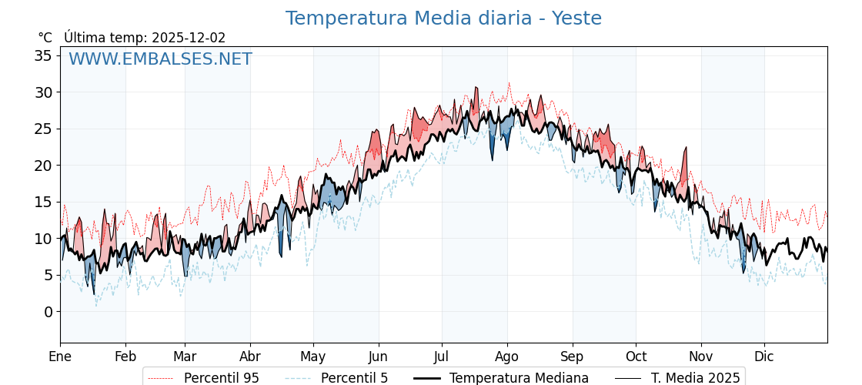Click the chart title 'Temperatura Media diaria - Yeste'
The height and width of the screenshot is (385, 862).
pos(443,18)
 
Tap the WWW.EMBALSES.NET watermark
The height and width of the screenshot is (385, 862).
pos(160,59)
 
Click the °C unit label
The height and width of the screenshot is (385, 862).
pos(45,38)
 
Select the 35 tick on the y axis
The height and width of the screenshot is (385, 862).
pos(43,55)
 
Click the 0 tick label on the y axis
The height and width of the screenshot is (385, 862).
pos(48,312)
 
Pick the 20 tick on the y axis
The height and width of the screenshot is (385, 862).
pos(43,166)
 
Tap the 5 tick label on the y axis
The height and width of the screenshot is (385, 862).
pos(48,275)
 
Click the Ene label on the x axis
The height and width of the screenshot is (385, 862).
pos(60,357)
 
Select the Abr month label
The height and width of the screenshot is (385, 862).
pos(250,357)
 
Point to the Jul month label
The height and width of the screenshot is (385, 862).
pos(442,357)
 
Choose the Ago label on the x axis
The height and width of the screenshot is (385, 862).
pos(507,357)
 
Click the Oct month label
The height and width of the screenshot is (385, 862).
pos(636,357)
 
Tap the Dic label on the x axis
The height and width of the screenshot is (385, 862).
pos(764,357)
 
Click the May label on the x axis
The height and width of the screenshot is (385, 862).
pos(313,357)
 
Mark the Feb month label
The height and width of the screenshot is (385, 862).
pos(125,357)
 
